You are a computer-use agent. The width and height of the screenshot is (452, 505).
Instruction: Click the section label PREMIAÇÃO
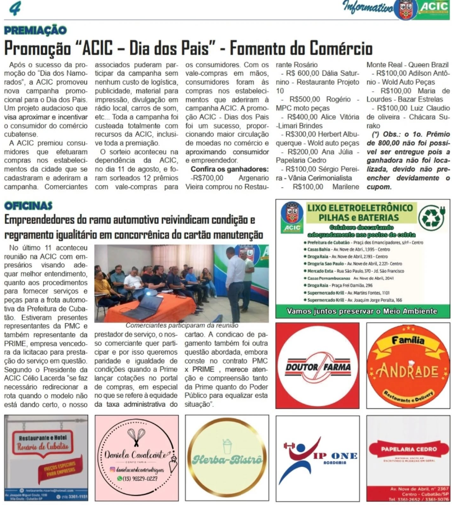pos(35,30)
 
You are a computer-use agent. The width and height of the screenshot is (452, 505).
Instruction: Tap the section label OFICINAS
pos(28,206)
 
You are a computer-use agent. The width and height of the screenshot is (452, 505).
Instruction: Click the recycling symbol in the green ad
pos(431,218)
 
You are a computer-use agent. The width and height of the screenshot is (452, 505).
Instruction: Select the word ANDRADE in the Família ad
pos(408,371)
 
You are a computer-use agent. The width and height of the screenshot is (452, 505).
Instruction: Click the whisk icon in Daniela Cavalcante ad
pos(136,437)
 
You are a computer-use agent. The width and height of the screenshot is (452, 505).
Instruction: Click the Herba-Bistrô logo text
pos(227,460)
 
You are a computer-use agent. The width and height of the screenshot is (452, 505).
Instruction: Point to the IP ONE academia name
pos(335,456)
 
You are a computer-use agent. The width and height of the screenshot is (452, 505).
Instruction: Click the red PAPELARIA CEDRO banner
pos(408,449)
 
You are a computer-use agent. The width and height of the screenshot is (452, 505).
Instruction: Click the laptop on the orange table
pos(143,306)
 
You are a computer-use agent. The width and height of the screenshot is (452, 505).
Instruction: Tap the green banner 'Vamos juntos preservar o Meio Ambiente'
pos(362,311)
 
